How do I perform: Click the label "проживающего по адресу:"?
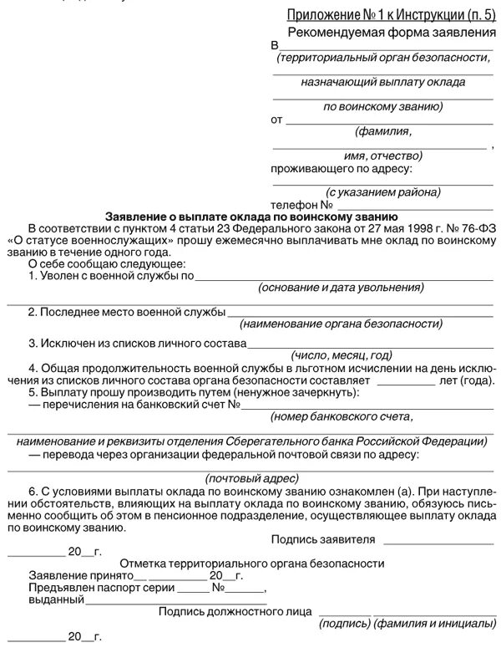pyautogui.click(x=342, y=169)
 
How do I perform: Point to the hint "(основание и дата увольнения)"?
pyautogui.click(x=341, y=288)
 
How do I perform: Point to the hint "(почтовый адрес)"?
pyautogui.click(x=251, y=477)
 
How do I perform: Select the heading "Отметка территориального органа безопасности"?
pyautogui.click(x=252, y=565)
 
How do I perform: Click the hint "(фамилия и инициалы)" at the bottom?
pyautogui.click(x=434, y=623)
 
